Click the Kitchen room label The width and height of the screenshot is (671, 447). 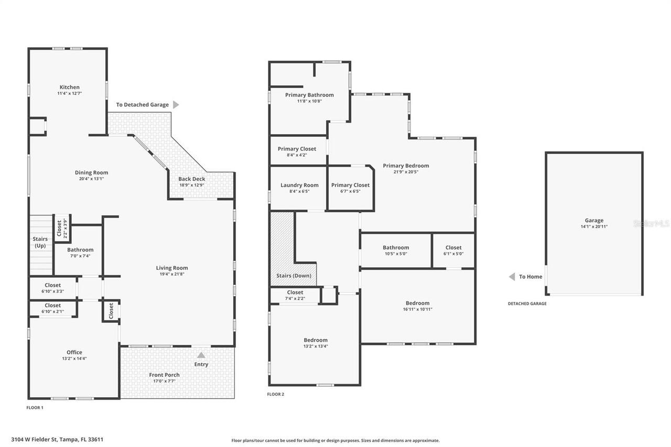coord(69,88)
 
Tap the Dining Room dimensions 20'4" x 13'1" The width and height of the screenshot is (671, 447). coord(91,179)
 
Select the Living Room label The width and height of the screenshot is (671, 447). coord(171,268)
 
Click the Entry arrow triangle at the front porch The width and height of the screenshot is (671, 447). coord(201,355)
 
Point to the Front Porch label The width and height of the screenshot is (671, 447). coord(164,375)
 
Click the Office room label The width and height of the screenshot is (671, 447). coord(74,352)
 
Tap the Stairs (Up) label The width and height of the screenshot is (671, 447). coord(40,242)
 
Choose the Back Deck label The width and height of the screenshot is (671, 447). coord(191,179)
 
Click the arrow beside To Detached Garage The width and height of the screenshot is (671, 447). coord(176,105)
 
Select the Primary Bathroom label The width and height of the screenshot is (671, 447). coord(309,95)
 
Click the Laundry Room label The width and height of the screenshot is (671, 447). coord(299,185)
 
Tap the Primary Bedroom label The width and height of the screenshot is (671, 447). coord(406,166)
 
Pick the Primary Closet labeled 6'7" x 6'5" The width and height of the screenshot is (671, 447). coord(350,185)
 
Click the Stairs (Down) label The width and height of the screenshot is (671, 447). coord(294,276)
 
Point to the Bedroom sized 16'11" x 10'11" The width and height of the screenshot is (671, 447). coord(417,303)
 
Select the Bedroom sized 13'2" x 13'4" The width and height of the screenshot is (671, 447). coord(316,340)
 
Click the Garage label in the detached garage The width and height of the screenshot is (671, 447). coord(594,221)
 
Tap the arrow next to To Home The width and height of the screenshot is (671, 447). coord(512,277)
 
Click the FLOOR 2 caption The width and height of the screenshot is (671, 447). coord(275,394)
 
